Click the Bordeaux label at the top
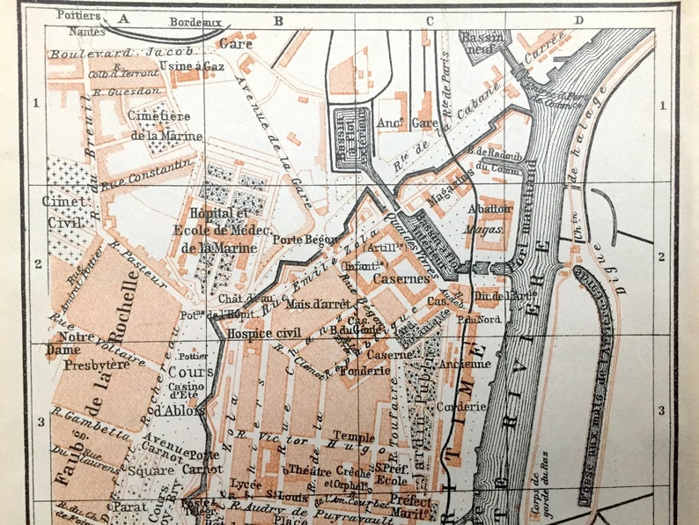pyautogui.click(x=195, y=21)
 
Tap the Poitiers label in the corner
pyautogui.click(x=78, y=15)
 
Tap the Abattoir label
pyautogui.click(x=489, y=209)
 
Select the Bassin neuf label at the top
pyautogui.click(x=482, y=41)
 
